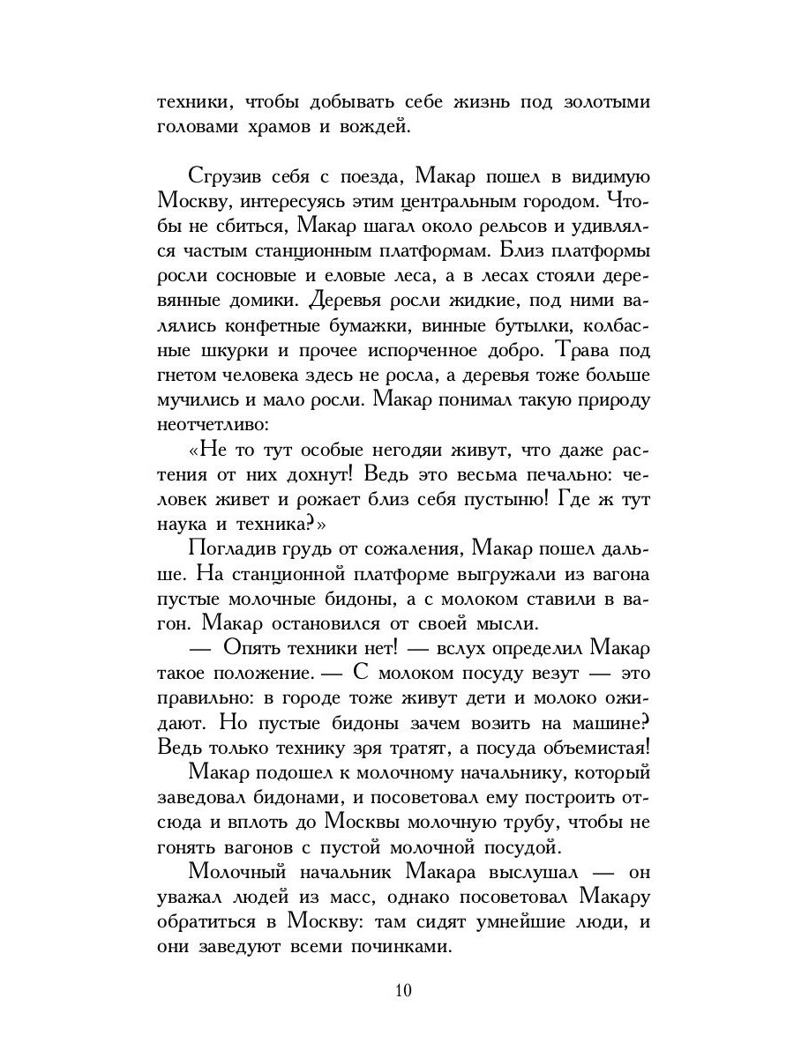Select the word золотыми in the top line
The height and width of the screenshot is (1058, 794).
click(x=601, y=101)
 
